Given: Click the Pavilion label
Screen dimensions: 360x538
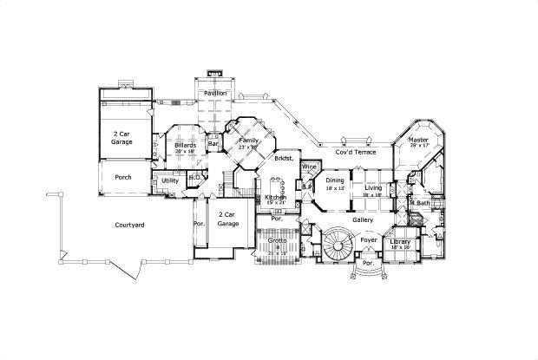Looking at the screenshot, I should pos(215,93).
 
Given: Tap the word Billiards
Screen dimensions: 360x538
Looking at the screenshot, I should pos(185,145).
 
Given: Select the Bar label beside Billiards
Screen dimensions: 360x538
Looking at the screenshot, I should pos(213,144).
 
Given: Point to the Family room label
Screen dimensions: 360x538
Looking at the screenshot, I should pos(249,141).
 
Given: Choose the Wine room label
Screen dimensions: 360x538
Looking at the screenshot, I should pos(309,166).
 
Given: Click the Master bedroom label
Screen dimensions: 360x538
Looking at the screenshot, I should pos(418,140).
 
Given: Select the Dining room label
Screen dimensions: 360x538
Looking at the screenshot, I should pos(335,181).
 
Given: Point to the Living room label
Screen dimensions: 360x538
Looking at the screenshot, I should pos(373,187).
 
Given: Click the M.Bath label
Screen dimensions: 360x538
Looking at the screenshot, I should pos(420,203).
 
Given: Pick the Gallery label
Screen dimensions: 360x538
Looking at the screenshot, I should pos(363,219).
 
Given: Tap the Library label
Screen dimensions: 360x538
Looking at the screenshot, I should pos(400,241).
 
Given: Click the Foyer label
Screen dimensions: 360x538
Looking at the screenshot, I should pos(369,239).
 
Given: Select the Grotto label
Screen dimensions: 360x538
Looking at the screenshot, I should pos(278,239).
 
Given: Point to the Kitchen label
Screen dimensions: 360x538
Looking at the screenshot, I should pos(276,198).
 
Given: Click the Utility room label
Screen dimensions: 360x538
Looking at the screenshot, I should pos(170,180).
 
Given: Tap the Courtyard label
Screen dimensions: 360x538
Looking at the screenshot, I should pos(129,225).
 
